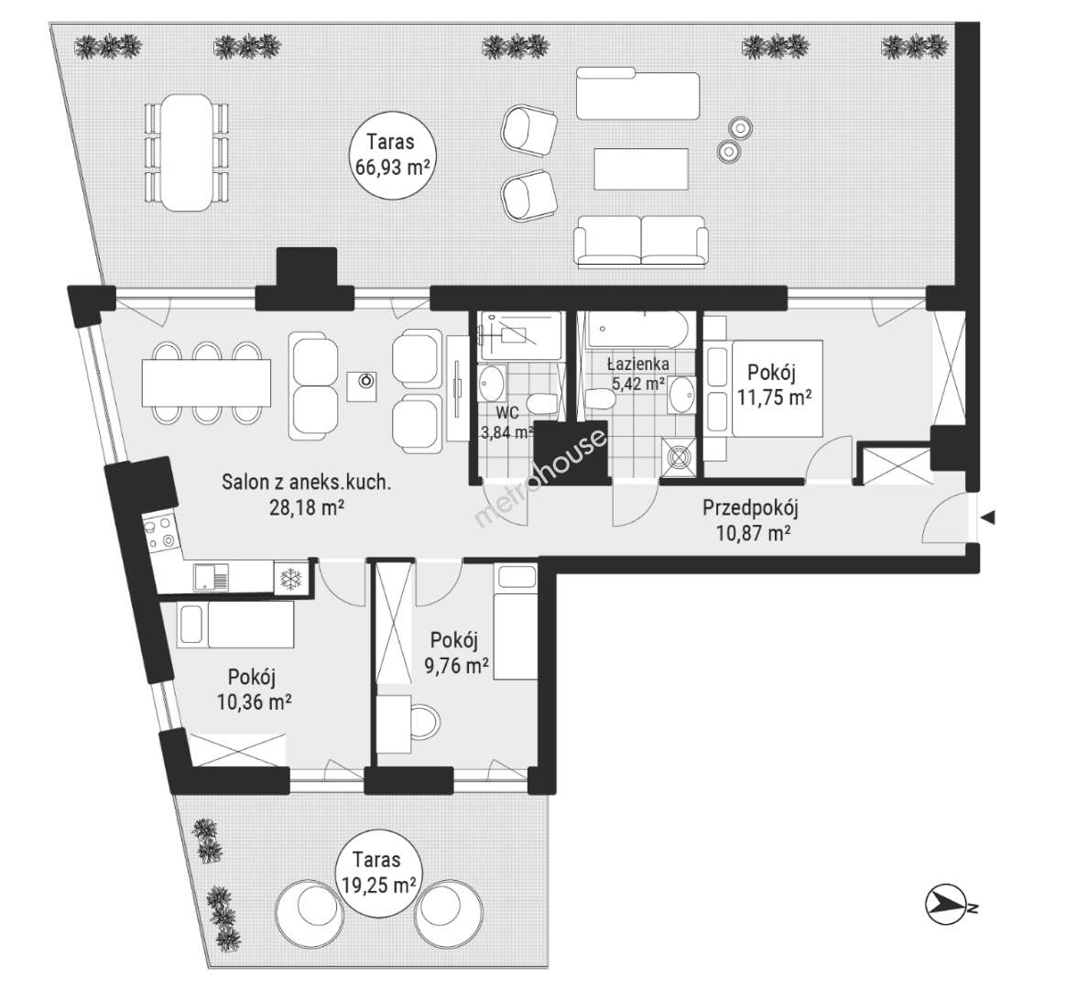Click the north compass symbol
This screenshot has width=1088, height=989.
click(948, 905)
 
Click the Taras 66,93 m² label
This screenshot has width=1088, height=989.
click(391, 155)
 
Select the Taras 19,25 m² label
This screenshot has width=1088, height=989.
click(378, 873)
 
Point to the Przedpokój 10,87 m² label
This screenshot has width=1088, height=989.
click(752, 520)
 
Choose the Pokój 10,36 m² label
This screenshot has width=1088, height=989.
click(254, 690)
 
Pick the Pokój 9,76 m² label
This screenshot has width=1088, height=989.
click(456, 652)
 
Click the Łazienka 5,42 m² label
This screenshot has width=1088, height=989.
click(637, 373)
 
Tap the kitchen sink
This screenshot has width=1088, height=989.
click(211, 577)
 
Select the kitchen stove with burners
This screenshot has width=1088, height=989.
click(160, 533)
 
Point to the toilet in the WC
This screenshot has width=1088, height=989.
click(540, 404)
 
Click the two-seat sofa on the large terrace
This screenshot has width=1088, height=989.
click(640, 242)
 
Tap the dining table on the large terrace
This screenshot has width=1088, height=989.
click(186, 153)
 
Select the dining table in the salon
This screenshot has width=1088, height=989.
click(206, 383)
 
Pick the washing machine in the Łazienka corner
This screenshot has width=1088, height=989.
click(678, 457)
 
